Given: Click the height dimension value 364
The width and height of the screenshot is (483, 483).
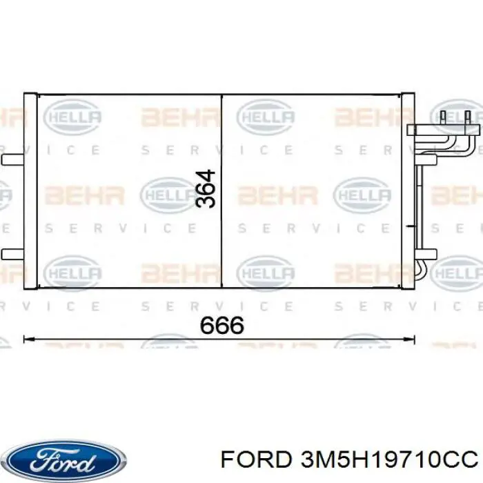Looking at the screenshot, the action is [x=206, y=188].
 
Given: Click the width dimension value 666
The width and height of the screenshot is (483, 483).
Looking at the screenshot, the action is [x=221, y=326].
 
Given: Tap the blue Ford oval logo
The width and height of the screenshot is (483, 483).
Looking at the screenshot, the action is [x=66, y=462].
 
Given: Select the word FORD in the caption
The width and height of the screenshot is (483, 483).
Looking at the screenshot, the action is [x=256, y=460].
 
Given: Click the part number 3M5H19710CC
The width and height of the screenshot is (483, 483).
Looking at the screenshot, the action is [x=389, y=460].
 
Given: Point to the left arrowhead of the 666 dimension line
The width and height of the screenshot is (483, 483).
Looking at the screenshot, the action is [x=28, y=339].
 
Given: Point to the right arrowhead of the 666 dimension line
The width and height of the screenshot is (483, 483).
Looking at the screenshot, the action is [x=410, y=339].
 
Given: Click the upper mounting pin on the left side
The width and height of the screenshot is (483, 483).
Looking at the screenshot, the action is [x=12, y=159].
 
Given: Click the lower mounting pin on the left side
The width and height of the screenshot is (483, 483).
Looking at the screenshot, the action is [x=12, y=254].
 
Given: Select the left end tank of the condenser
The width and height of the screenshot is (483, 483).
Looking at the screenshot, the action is [x=30, y=191].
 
